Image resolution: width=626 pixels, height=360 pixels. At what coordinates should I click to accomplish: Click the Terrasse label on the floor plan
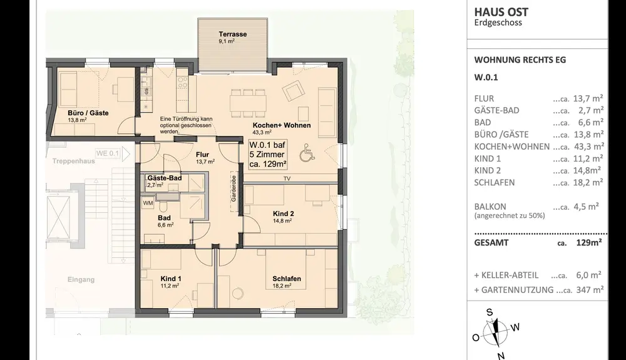(232, 34)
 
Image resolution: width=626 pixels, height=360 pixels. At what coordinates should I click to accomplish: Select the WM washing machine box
(148, 203)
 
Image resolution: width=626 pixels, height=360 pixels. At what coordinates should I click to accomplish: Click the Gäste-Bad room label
(165, 178)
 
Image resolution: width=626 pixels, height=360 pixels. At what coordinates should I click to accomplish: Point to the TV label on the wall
(287, 179)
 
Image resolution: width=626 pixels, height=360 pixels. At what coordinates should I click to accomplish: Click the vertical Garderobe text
(234, 188)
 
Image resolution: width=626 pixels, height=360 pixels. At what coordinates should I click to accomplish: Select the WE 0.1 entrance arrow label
(113, 153)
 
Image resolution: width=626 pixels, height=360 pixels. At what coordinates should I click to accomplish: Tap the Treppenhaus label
(73, 162)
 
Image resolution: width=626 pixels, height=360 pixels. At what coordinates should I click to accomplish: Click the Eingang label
(81, 279)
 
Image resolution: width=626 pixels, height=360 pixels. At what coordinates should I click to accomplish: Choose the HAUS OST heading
(501, 12)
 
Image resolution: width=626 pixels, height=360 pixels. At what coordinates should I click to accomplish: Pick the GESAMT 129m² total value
(589, 242)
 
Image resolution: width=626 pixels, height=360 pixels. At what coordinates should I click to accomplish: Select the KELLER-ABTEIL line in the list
(538, 275)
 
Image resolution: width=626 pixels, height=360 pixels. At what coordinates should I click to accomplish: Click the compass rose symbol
(495, 332)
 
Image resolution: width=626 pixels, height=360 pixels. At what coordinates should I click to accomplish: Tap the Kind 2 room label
(283, 213)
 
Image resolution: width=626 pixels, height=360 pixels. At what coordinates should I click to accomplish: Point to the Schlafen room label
(287, 279)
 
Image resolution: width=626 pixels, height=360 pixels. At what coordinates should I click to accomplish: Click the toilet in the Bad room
(163, 206)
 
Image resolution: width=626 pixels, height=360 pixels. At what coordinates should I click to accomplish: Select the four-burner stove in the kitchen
(182, 83)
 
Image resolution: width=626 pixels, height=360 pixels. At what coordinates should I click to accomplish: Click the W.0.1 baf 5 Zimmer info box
(267, 155)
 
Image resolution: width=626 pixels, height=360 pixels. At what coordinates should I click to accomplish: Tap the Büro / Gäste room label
(88, 113)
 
